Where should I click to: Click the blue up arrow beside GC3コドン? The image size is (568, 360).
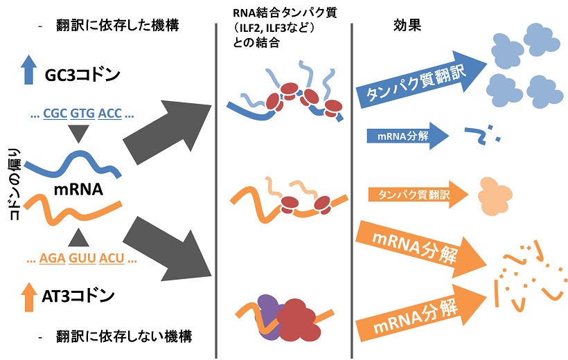point(28,71)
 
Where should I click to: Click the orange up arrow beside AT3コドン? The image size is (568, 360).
point(28,297)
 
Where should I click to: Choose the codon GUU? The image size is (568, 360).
point(82,260)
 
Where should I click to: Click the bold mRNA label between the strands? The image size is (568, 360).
point(74,189)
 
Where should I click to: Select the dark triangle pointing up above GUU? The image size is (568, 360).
point(82,239)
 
